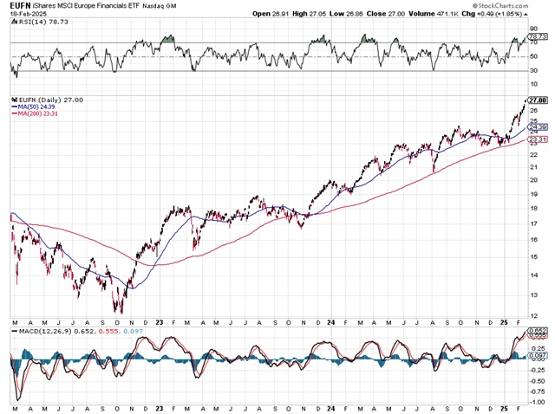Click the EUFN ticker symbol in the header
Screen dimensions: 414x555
point(19,5)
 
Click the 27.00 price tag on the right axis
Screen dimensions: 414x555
point(537,100)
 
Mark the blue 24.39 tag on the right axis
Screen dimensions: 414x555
point(537,127)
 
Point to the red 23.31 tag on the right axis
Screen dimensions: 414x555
point(537,139)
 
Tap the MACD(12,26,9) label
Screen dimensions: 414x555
point(43,332)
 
